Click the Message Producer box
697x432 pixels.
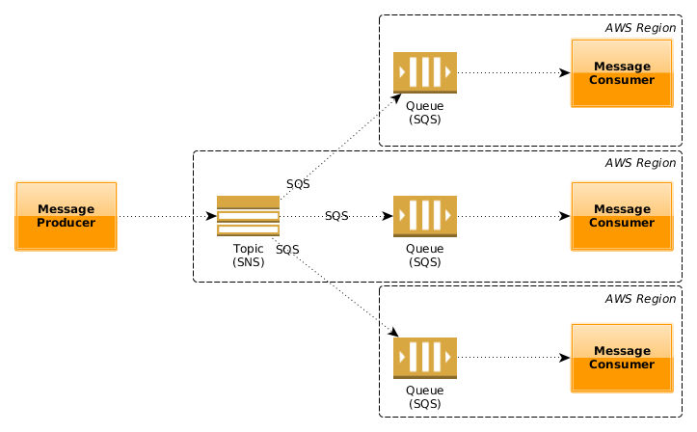[66, 216]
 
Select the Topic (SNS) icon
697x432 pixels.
[248, 216]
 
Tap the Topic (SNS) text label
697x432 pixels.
[248, 256]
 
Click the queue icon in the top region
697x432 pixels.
[424, 72]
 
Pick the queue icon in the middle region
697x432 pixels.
[424, 216]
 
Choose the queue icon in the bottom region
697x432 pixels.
[424, 358]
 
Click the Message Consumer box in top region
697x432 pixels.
[621, 72]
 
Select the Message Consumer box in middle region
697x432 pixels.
[621, 216]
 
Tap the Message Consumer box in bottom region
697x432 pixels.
[621, 358]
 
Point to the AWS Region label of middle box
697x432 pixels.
[639, 163]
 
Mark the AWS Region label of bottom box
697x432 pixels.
[639, 299]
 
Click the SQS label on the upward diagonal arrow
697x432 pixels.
[298, 183]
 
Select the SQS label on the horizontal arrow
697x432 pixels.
[336, 216]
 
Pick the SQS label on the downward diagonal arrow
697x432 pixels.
[286, 250]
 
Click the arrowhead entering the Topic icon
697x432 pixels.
[211, 216]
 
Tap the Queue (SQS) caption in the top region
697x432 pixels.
[424, 112]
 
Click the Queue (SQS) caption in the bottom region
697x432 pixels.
[424, 396]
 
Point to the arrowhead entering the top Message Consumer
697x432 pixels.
[565, 72]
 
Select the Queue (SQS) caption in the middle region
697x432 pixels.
[424, 255]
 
